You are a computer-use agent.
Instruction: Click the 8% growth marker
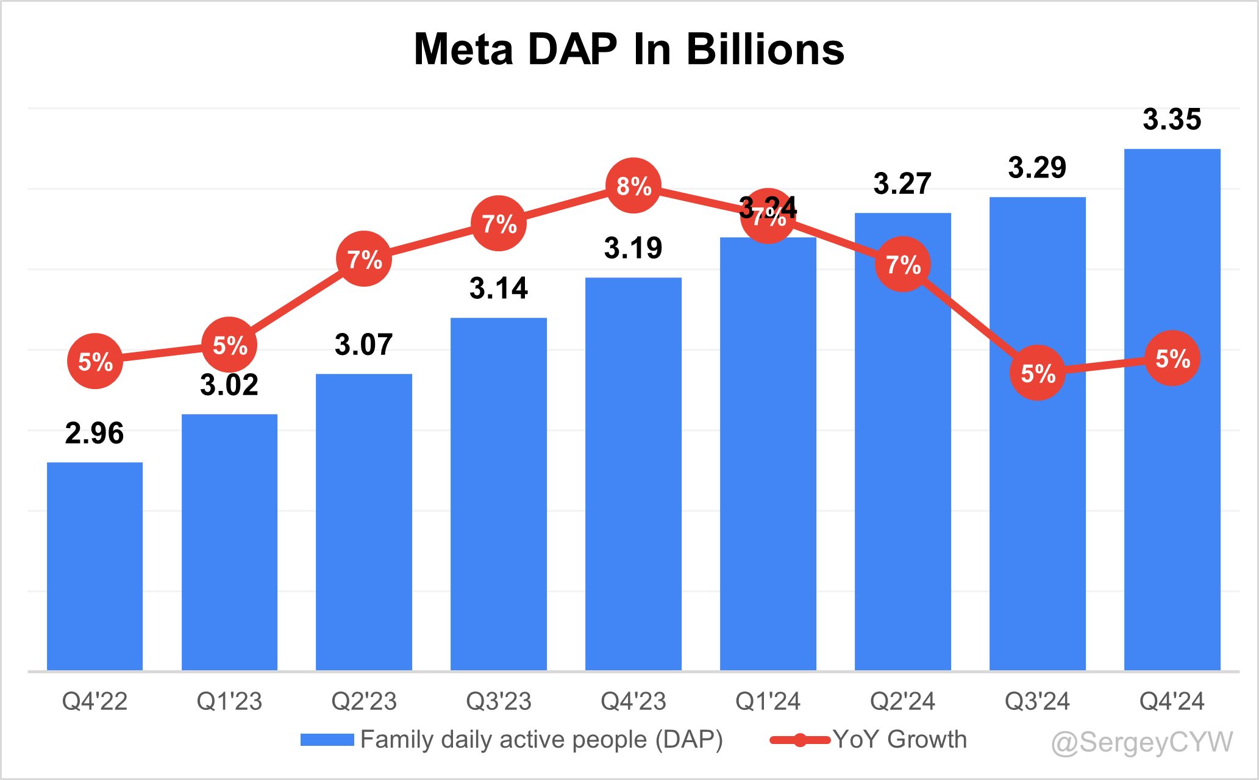tap(633, 185)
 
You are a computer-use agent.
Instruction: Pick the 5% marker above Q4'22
tap(95, 362)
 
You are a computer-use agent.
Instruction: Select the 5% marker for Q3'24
tap(1038, 373)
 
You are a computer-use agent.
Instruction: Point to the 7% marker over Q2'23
tap(364, 259)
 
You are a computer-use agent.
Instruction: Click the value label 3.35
tap(1172, 119)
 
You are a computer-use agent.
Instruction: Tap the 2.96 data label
tap(95, 433)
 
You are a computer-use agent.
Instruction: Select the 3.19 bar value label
tap(633, 248)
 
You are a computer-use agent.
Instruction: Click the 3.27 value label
tap(902, 183)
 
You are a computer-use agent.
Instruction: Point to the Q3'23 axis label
tap(499, 701)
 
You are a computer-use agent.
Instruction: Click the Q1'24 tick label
tap(768, 701)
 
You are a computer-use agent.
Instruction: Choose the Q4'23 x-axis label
tap(633, 701)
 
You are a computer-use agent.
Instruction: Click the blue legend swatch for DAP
tap(327, 740)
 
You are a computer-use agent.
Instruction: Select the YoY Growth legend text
tap(900, 739)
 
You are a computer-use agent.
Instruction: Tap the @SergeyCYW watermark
tap(1142, 742)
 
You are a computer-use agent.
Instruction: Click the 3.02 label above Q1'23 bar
tap(229, 385)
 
